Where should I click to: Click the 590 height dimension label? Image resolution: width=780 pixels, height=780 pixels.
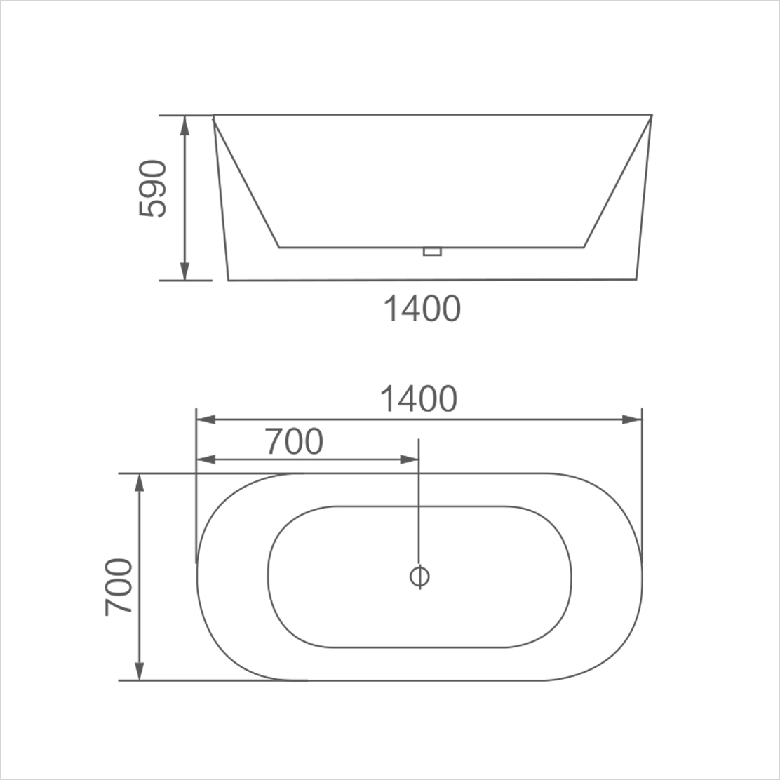(153, 189)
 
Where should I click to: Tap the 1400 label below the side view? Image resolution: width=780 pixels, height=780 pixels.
(422, 309)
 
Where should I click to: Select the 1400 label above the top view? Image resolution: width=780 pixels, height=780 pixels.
(419, 399)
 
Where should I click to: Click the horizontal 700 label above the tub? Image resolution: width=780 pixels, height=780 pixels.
(295, 441)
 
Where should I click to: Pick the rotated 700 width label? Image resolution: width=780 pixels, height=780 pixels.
(119, 587)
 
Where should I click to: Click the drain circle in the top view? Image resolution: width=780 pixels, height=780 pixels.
(419, 577)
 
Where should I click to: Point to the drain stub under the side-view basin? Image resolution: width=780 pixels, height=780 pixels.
(432, 251)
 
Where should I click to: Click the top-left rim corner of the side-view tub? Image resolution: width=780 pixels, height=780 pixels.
(214, 115)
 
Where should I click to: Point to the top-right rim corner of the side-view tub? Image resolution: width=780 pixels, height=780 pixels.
(652, 115)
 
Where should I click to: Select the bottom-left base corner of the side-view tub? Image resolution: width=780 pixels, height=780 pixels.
(229, 280)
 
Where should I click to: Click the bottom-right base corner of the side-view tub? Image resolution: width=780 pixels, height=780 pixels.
(636, 279)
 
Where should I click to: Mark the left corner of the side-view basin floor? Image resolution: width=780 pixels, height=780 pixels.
(280, 247)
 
